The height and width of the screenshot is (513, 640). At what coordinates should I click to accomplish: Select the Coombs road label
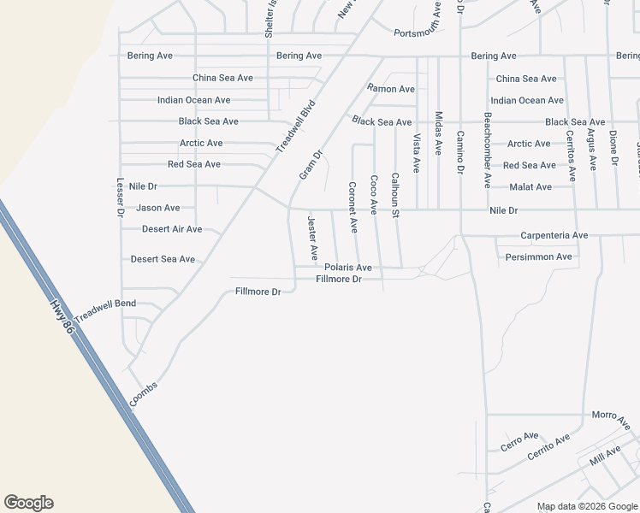(x=144, y=392)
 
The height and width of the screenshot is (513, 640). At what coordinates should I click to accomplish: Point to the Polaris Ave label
(x=347, y=268)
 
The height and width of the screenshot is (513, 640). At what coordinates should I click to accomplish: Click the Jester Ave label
(x=312, y=239)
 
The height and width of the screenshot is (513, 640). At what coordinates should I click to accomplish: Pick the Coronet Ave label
(x=353, y=207)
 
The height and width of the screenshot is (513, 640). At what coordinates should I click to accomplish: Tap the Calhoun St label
(x=395, y=194)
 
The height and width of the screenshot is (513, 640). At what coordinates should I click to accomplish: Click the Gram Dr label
(x=310, y=165)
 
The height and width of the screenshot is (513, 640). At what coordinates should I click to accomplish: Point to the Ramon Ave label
(x=391, y=89)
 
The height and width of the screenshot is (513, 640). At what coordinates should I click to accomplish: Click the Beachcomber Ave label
(x=487, y=150)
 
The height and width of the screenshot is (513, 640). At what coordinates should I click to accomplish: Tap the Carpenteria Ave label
(x=554, y=235)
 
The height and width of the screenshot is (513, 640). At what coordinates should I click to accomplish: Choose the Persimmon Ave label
(x=538, y=256)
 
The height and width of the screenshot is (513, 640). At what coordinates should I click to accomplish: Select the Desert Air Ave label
(x=172, y=229)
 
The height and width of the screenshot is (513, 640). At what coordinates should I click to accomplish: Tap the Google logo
(x=29, y=503)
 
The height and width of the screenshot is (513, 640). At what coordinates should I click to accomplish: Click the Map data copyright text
(x=586, y=506)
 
